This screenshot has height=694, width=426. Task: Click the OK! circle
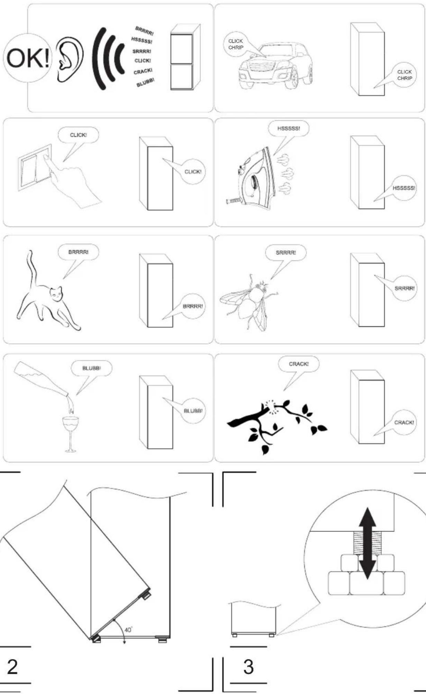coord(27,57)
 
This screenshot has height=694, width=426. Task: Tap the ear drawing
coord(70,59)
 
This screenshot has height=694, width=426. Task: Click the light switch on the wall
coord(35,167)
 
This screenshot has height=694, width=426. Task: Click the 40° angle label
coord(128,630)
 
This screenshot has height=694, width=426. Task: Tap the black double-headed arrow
coord(367,543)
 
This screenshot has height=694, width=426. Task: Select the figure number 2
coord(12,667)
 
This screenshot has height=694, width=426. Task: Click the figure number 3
coord(248,667)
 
